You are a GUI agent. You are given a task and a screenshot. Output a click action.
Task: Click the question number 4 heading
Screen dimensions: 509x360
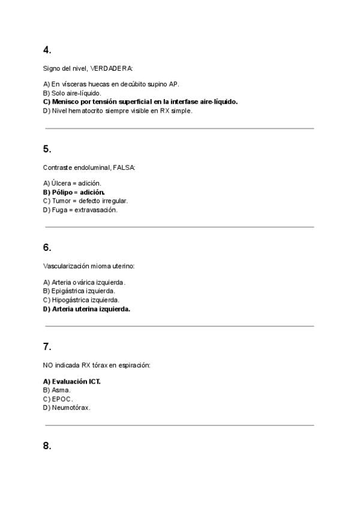47,50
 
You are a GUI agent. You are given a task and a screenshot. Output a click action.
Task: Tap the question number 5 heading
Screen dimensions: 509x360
47,149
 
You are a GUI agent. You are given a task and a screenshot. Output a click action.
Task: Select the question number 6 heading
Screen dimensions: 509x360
47,247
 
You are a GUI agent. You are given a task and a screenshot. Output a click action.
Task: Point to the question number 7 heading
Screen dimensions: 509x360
47,346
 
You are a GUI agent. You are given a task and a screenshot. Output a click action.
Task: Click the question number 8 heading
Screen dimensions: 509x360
47,445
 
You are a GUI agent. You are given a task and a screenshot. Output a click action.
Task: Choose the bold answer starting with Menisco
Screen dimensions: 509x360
140,102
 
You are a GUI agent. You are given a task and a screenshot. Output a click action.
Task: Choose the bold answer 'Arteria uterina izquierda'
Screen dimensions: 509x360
86,309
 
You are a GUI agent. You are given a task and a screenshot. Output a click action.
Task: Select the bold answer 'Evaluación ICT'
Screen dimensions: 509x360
71,381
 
